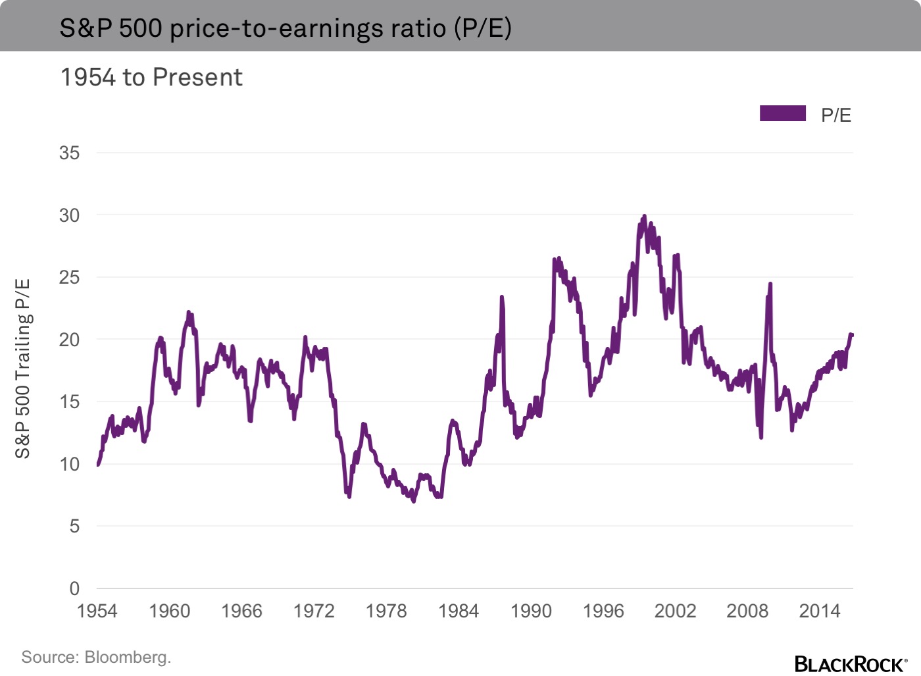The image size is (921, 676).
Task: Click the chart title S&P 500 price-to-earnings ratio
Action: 286,28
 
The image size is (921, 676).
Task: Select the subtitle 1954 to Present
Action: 151,78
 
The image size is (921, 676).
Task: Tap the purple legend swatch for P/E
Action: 782,113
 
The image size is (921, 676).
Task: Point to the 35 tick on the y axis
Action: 69,153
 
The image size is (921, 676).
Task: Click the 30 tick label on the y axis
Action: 69,215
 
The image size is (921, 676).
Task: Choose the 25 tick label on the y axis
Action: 69,278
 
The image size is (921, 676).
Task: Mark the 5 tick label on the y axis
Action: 74,527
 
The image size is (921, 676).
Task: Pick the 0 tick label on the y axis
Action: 74,588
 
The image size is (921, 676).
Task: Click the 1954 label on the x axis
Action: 97,611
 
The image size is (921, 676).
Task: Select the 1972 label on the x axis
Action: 314,611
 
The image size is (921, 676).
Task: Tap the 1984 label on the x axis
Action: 459,611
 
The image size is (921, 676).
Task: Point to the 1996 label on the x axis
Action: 603,611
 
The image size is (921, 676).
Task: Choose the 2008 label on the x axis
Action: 747,611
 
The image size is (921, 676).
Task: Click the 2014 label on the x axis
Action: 820,611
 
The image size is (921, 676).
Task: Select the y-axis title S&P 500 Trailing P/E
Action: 23,369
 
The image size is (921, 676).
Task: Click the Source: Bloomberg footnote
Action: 96,657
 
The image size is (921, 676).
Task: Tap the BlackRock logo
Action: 851,663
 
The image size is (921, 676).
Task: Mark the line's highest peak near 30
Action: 644,216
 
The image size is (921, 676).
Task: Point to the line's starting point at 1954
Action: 98,465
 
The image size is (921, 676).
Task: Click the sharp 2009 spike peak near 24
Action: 770,284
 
